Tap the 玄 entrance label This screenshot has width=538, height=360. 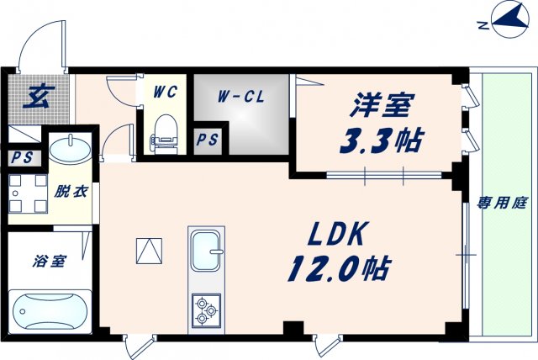pyautogui.click(x=36, y=98)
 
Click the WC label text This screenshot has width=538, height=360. pyautogui.click(x=165, y=93)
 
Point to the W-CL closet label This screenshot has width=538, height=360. pyautogui.click(x=240, y=96)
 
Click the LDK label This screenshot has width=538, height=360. pyautogui.click(x=340, y=234)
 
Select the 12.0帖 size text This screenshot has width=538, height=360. pyautogui.click(x=340, y=268)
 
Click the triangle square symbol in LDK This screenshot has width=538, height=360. pyautogui.click(x=148, y=251)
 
